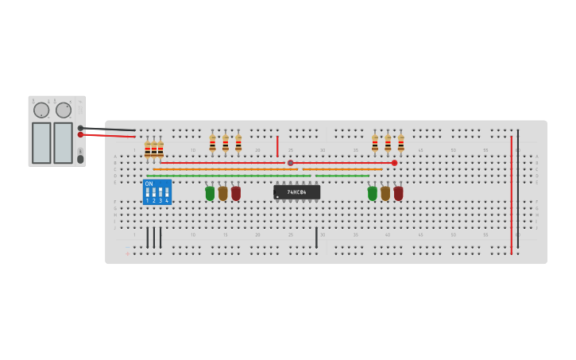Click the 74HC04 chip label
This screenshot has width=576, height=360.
[x=297, y=192]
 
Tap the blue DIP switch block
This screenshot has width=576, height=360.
[x=157, y=192]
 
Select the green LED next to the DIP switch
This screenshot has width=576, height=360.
[x=210, y=193]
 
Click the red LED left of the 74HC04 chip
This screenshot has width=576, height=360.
[x=236, y=193]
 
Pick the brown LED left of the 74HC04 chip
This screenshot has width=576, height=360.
[x=223, y=193]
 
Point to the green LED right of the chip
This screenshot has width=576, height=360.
[x=373, y=193]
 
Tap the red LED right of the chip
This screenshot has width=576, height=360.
[x=398, y=193]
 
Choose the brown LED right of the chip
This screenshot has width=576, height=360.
[x=385, y=193]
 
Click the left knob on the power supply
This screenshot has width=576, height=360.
[x=41, y=110]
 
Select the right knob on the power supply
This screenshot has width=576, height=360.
[x=64, y=110]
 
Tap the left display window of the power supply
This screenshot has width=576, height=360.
[x=41, y=142]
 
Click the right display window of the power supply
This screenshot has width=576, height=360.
[x=63, y=142]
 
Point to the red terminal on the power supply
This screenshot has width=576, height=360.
[x=80, y=135]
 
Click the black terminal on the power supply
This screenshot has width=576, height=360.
[x=80, y=128]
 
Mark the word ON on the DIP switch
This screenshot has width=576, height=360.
[x=149, y=184]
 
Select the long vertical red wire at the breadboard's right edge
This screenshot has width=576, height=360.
[x=511, y=195]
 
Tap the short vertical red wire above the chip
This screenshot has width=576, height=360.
[x=277, y=146]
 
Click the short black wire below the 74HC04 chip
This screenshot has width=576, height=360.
[x=316, y=237]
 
